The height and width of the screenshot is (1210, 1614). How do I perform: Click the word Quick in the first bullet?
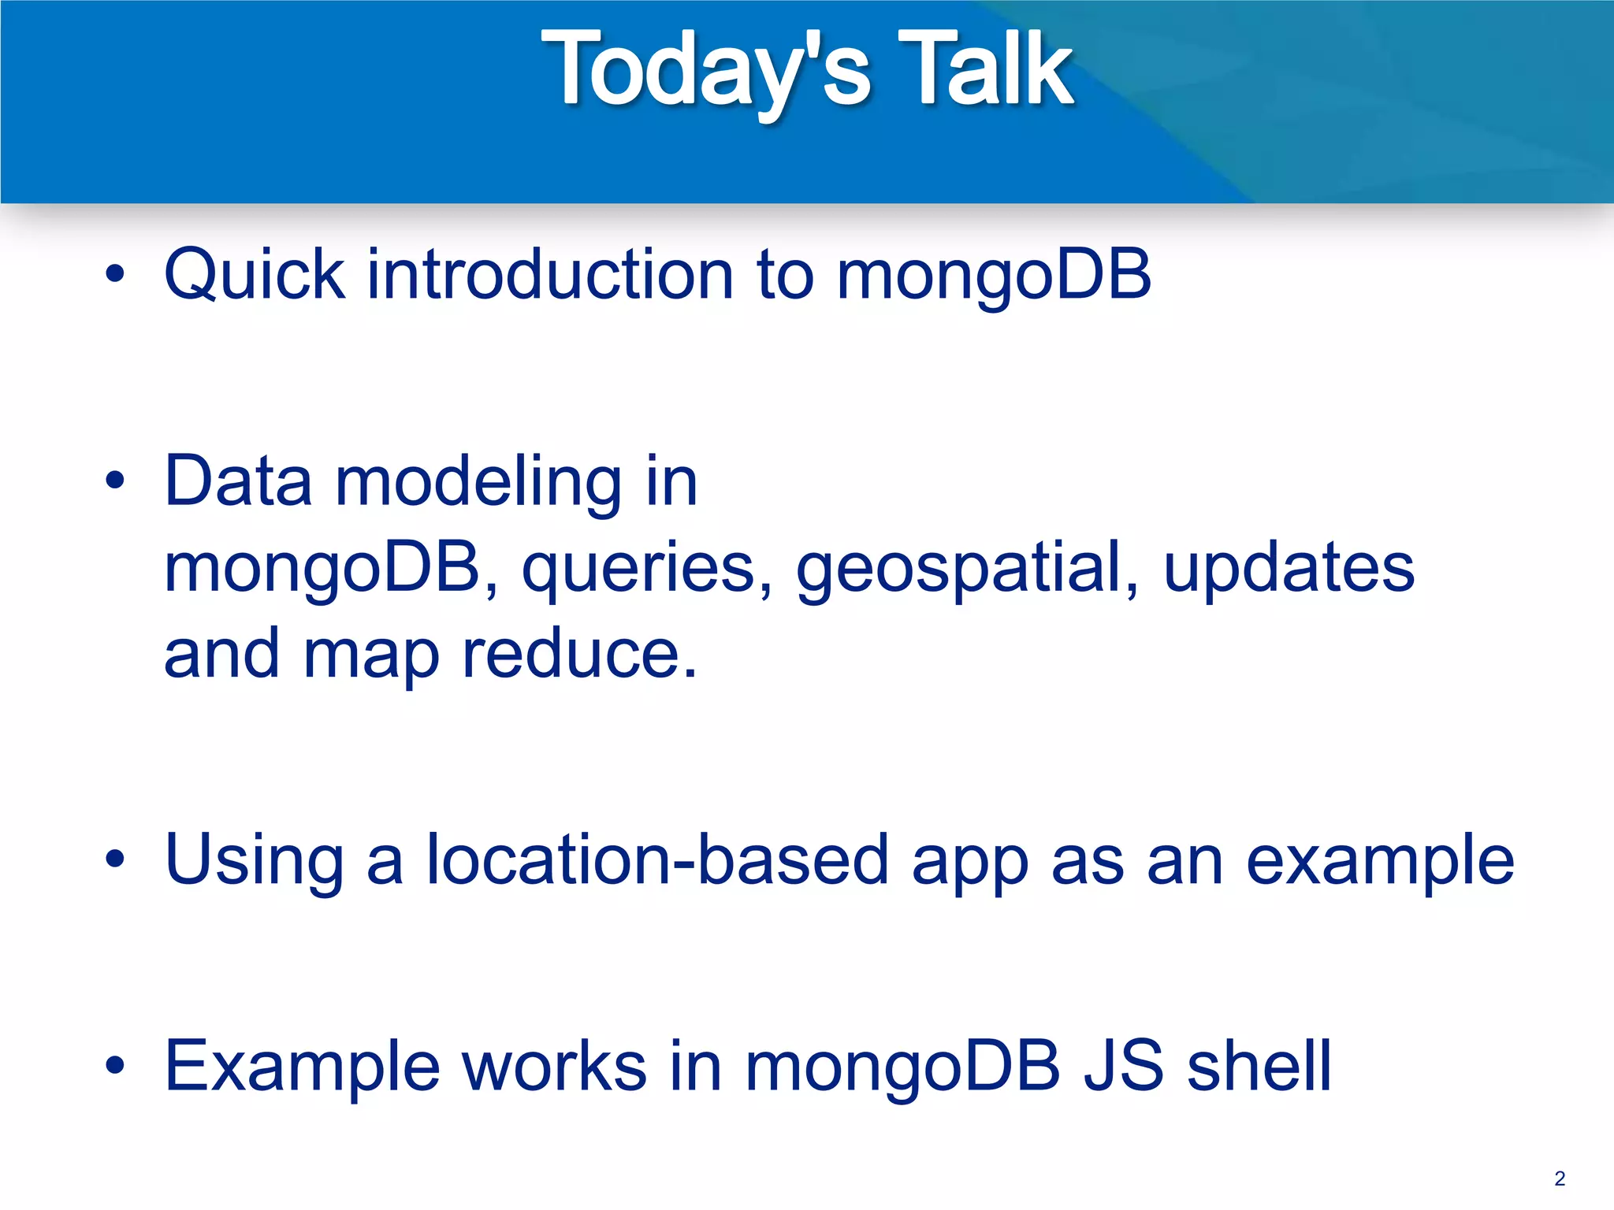point(255,276)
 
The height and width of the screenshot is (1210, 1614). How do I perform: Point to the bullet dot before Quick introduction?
point(115,275)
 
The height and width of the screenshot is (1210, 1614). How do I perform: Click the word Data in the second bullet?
point(238,482)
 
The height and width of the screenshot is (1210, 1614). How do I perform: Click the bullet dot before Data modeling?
point(115,481)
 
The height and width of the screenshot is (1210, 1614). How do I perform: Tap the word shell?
point(1259,1067)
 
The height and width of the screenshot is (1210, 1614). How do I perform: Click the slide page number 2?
point(1560,1178)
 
